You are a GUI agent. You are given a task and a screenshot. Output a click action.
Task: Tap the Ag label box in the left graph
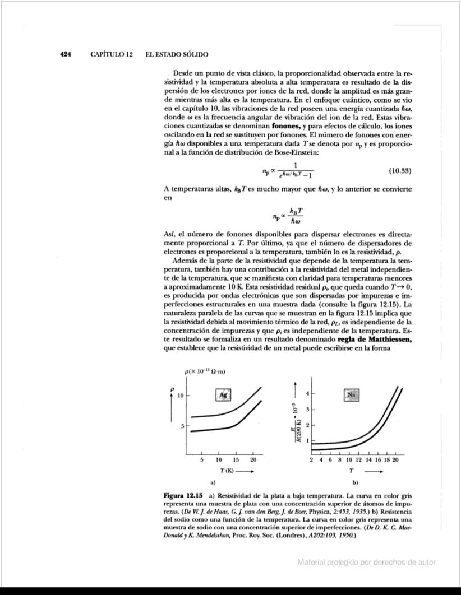coord(223,394)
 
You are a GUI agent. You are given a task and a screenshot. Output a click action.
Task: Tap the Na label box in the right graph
coord(352,394)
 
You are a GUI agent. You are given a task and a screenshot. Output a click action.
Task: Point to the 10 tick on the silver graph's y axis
coord(181,396)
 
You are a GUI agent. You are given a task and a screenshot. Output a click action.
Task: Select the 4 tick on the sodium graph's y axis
coord(307,393)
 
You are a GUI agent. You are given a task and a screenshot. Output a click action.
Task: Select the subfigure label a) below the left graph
coord(213,482)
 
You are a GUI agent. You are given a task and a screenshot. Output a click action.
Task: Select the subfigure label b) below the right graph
coord(354,482)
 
